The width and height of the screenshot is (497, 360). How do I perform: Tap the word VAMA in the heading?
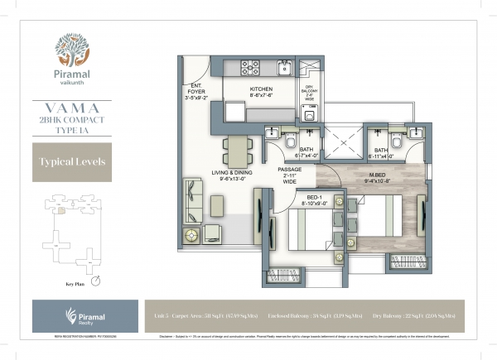(70, 108)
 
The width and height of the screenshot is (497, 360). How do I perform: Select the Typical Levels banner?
(71, 161)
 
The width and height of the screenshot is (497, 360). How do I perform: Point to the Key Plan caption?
(75, 283)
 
